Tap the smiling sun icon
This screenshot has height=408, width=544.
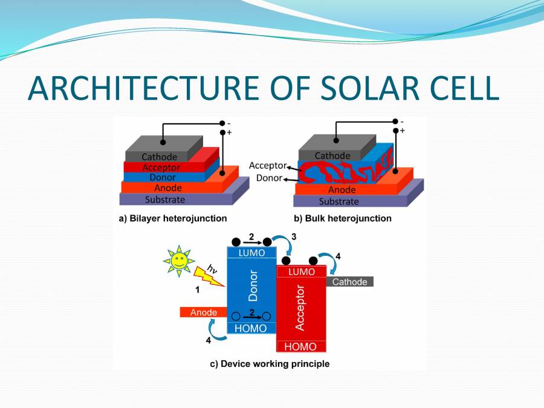178,261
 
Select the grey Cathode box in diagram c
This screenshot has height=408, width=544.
349,282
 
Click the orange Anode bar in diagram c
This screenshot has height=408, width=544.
203,312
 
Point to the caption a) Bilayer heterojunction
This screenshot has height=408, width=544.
172,218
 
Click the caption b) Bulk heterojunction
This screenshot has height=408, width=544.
342,218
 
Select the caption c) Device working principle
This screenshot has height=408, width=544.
270,364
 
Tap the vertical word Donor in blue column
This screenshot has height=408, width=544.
253,286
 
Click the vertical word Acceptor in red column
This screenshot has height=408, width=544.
300,308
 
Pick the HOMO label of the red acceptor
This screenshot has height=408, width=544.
300,347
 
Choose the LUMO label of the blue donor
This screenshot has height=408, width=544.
251,253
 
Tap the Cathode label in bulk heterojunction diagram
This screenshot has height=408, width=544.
332,156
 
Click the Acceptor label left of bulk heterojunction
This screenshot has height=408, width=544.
267,165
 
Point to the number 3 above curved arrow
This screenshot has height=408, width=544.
294,237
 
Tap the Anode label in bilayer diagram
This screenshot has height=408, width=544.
163,188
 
